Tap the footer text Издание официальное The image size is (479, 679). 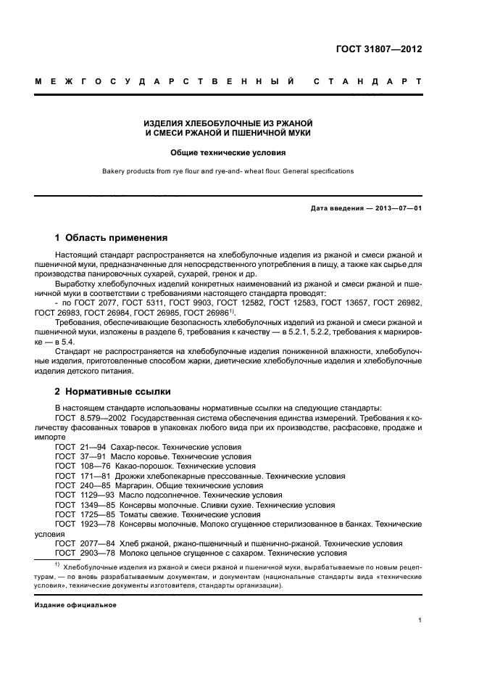pos(75,604)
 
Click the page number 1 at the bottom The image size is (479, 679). pos(420,620)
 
